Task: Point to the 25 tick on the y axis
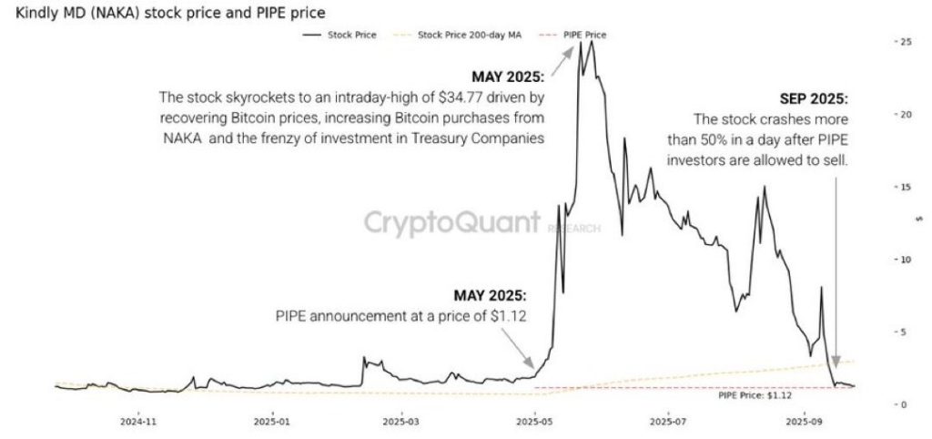[902, 43]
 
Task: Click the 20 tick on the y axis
[902, 115]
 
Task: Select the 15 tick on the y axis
[902, 188]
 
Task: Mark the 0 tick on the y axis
[901, 404]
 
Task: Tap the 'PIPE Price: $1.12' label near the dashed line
[755, 395]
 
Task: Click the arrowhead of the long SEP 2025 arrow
[836, 363]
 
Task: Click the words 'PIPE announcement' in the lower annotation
[329, 317]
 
